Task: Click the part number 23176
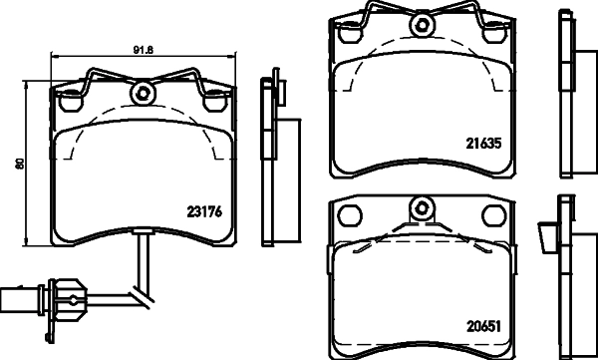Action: click(x=203, y=209)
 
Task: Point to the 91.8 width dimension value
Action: click(x=142, y=45)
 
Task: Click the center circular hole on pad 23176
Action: click(x=142, y=95)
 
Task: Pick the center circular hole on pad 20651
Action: click(x=423, y=209)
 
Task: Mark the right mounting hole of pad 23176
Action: click(x=213, y=100)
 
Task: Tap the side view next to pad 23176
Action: click(x=268, y=160)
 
